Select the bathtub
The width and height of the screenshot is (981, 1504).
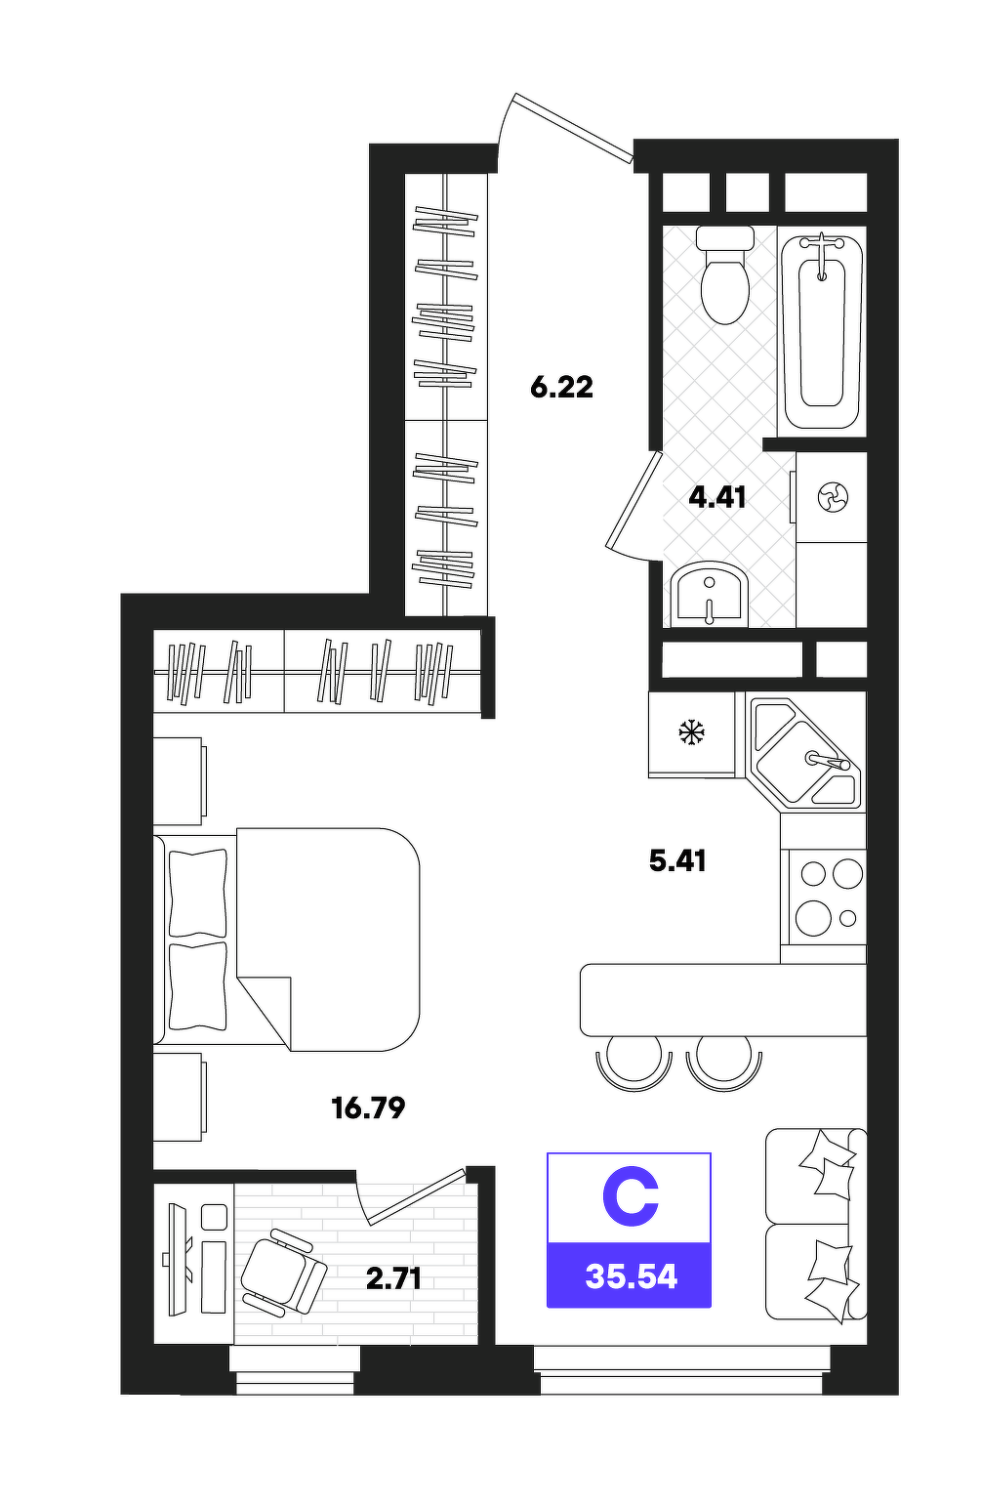click(822, 332)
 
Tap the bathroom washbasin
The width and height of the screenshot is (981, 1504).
click(711, 592)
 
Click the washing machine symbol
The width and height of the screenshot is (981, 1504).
click(833, 497)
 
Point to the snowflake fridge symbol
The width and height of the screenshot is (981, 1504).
click(691, 731)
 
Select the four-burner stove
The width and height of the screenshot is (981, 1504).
click(827, 897)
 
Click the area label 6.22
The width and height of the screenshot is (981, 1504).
click(561, 388)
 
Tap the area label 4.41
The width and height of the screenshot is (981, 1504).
click(717, 497)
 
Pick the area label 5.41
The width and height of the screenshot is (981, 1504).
click(677, 860)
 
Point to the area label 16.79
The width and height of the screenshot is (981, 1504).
click(368, 1107)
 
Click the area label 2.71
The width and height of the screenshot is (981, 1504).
click(394, 1279)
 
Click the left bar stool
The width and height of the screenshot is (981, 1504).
click(634, 1062)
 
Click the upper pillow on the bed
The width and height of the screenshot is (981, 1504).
click(198, 893)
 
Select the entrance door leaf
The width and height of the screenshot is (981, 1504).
click(573, 128)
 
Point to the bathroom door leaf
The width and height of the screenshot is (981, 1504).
click(634, 499)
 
